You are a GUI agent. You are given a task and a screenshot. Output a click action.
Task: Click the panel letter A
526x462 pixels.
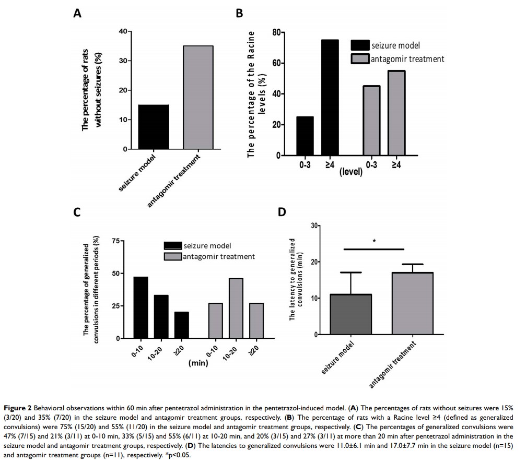77,14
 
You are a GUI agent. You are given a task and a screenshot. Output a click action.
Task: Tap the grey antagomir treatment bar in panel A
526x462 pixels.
198,98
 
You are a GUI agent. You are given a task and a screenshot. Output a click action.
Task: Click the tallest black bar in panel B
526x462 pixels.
330,98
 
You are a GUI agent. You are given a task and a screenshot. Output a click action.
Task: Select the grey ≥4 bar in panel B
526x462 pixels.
396,113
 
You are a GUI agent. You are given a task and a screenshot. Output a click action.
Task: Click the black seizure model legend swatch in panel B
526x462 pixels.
360,45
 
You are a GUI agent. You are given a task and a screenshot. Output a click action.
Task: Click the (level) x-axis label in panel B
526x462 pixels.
350,171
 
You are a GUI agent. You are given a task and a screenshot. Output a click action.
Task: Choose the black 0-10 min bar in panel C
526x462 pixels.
141,307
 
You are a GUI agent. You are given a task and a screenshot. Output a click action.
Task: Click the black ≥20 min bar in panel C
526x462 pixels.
181,325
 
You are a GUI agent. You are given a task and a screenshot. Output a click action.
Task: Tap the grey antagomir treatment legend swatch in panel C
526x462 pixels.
172,256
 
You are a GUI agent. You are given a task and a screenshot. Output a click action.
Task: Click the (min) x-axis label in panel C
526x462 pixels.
198,362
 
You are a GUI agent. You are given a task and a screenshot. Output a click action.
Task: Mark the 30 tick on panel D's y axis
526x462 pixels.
314,226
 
